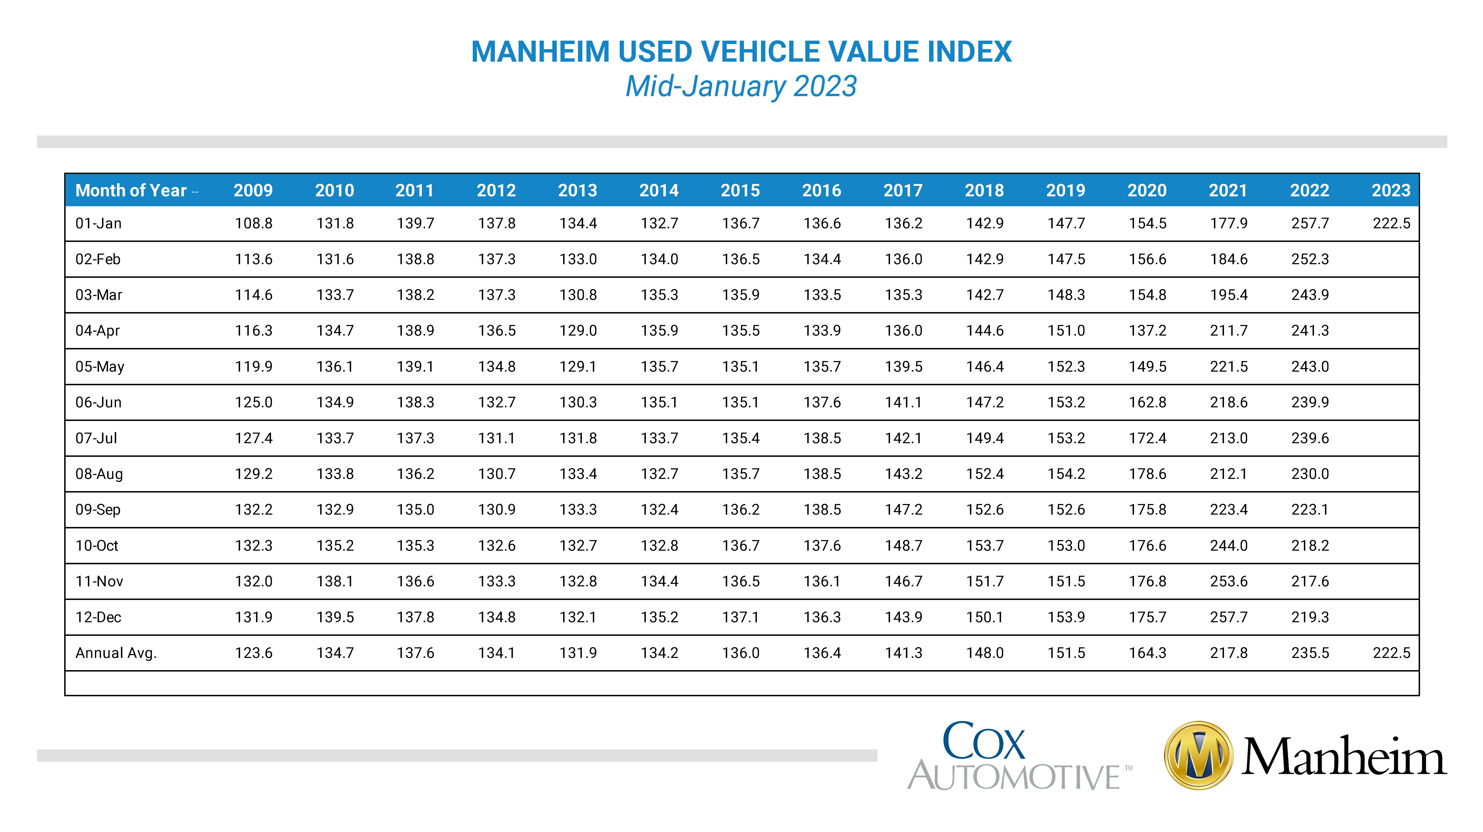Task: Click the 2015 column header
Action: tap(740, 191)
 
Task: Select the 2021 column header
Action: tap(1228, 191)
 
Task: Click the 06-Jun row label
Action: tap(98, 402)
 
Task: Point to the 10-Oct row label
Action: tap(97, 546)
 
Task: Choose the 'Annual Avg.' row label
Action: tap(116, 653)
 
